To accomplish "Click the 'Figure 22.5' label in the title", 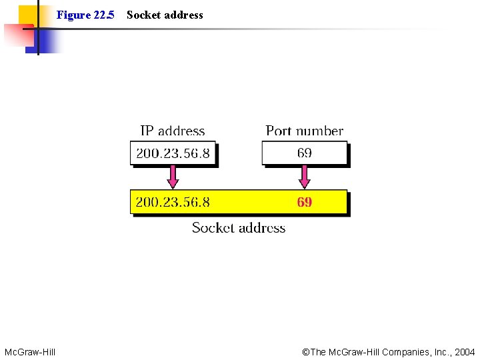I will (x=85, y=15).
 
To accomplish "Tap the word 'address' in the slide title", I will (x=184, y=15).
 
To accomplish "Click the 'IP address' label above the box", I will (x=172, y=131).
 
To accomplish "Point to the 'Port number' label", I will (x=304, y=131).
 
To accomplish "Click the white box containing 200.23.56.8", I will (x=173, y=153).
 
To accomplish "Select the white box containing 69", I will (x=305, y=153).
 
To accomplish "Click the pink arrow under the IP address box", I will (x=173, y=177).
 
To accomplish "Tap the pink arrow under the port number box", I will (x=305, y=177).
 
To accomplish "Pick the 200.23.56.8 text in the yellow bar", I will (x=173, y=202).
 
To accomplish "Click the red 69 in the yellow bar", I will (x=304, y=202).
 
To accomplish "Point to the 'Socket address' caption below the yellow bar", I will (x=239, y=228).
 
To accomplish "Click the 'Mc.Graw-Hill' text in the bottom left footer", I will (x=30, y=351).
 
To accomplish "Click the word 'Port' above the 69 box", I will (x=279, y=131).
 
